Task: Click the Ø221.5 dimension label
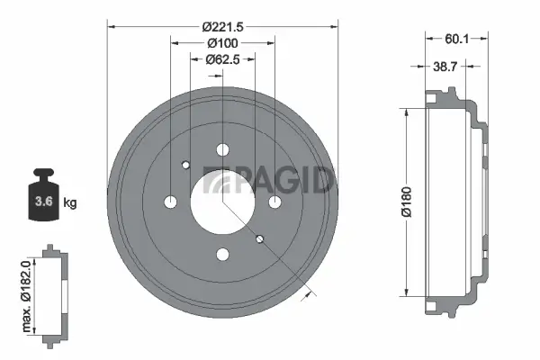pyautogui.click(x=222, y=26)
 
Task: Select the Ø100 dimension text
pyautogui.click(x=222, y=43)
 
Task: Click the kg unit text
pyautogui.click(x=70, y=202)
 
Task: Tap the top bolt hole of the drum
pyautogui.click(x=222, y=150)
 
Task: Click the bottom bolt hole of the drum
pyautogui.click(x=222, y=255)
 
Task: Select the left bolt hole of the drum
pyautogui.click(x=170, y=202)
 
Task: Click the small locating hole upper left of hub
pyautogui.click(x=186, y=165)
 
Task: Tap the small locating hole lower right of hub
pyautogui.click(x=259, y=238)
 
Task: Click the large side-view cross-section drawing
pyautogui.click(x=454, y=202)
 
